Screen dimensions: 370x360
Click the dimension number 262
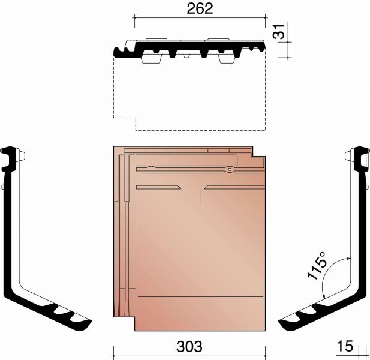point(200,9)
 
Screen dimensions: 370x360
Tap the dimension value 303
point(189,346)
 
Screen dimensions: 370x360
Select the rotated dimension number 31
point(279,32)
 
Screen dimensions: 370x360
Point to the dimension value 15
point(345,346)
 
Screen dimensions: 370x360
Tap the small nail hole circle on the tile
point(230,169)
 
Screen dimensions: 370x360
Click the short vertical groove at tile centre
point(200,196)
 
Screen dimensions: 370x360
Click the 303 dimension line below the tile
point(189,356)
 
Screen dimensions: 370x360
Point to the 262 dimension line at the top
point(200,17)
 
